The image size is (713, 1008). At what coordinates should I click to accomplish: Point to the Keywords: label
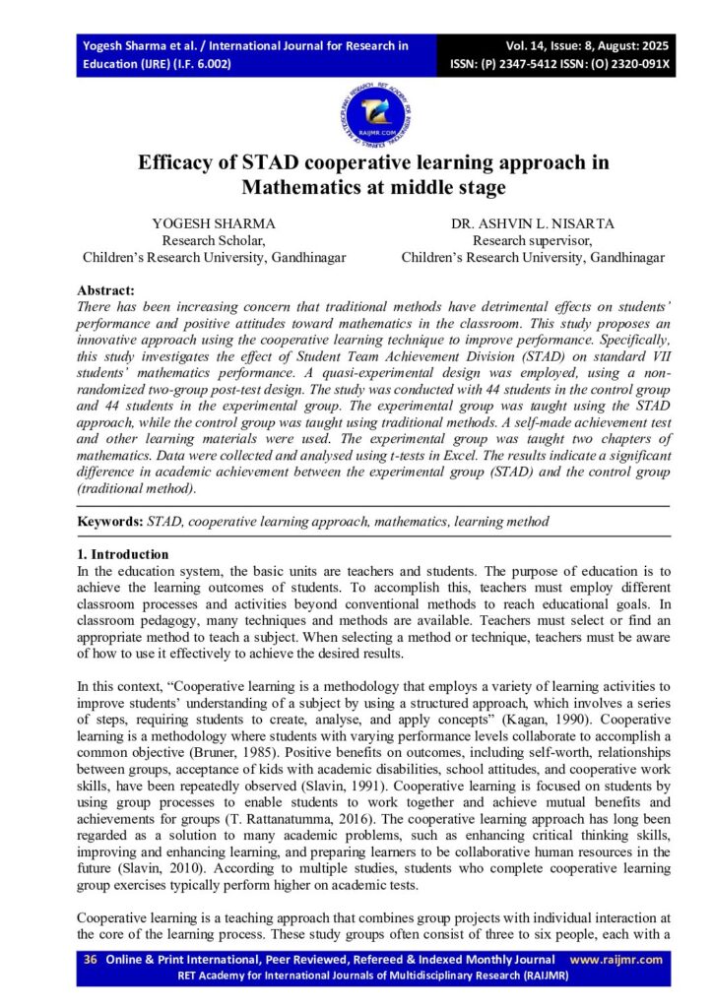tap(110, 521)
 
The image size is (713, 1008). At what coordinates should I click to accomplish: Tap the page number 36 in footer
tap(90, 960)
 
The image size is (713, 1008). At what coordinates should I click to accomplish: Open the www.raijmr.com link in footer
tap(616, 960)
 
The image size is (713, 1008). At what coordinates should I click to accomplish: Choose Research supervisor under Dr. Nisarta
tap(533, 240)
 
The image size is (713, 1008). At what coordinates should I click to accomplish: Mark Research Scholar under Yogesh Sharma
tap(214, 240)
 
